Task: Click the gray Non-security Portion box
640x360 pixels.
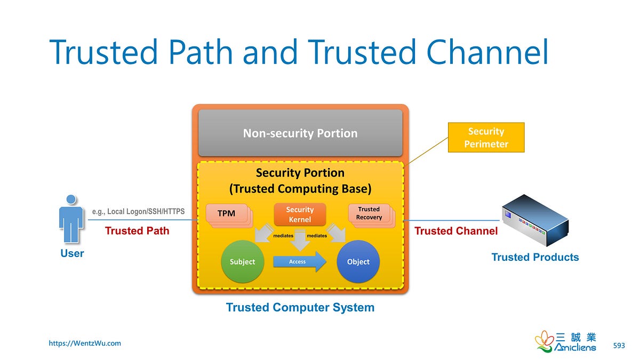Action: click(x=300, y=133)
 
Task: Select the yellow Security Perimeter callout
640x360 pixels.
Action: click(x=486, y=138)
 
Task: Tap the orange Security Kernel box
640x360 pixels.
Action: click(x=300, y=214)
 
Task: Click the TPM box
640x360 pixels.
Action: click(x=226, y=213)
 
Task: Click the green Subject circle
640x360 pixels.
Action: click(x=242, y=261)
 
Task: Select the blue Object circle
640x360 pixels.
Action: click(x=358, y=261)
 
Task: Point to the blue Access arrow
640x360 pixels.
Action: click(x=299, y=262)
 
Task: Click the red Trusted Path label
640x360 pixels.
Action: click(x=137, y=231)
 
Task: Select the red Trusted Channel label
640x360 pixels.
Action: click(x=456, y=231)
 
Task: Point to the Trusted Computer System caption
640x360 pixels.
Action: click(x=300, y=308)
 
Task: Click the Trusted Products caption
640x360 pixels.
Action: click(x=535, y=258)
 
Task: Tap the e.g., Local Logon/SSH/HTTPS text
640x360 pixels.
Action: click(x=138, y=212)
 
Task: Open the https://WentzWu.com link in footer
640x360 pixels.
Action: click(x=85, y=343)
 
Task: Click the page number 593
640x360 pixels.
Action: click(x=619, y=346)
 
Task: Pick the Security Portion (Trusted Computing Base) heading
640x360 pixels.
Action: click(x=300, y=181)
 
